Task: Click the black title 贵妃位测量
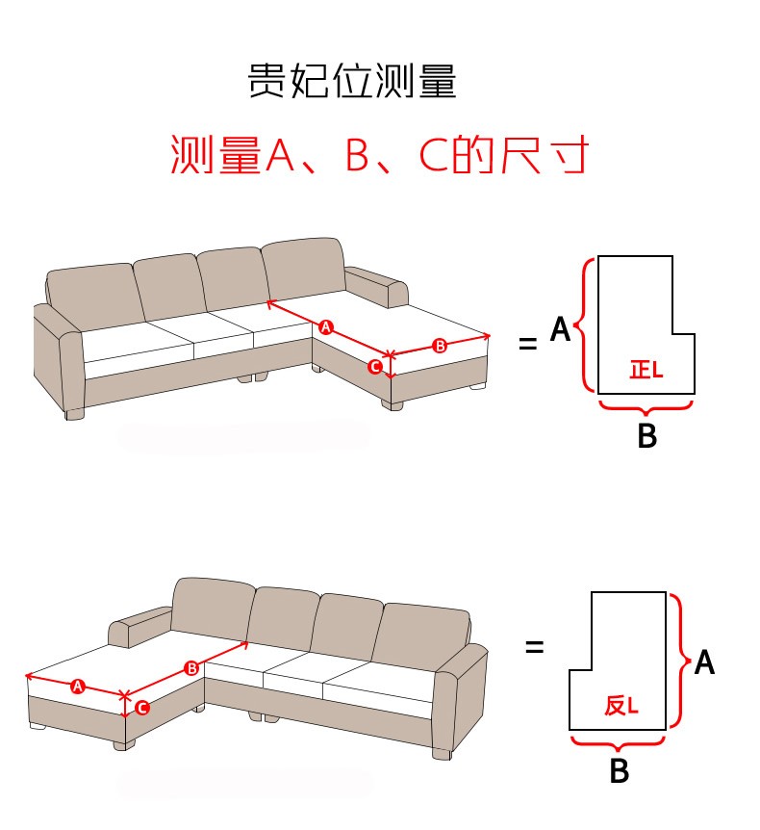(x=352, y=81)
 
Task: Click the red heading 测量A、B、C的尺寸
(x=379, y=154)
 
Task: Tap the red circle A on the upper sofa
(x=326, y=327)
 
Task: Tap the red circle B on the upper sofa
(x=440, y=346)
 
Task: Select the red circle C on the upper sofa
(x=375, y=366)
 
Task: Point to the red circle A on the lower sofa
(x=78, y=687)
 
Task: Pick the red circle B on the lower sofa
(x=192, y=668)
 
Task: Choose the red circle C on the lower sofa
(x=142, y=708)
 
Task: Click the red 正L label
(x=646, y=370)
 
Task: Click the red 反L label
(x=621, y=705)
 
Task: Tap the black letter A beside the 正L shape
(x=561, y=329)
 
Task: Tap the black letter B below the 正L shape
(x=647, y=435)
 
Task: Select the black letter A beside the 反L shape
(x=704, y=662)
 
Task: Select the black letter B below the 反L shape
(x=620, y=770)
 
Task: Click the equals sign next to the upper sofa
(x=528, y=344)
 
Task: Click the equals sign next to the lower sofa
(x=535, y=646)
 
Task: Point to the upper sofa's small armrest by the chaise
(x=376, y=286)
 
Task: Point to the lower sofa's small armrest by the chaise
(x=140, y=628)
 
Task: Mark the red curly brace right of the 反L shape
(x=685, y=661)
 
